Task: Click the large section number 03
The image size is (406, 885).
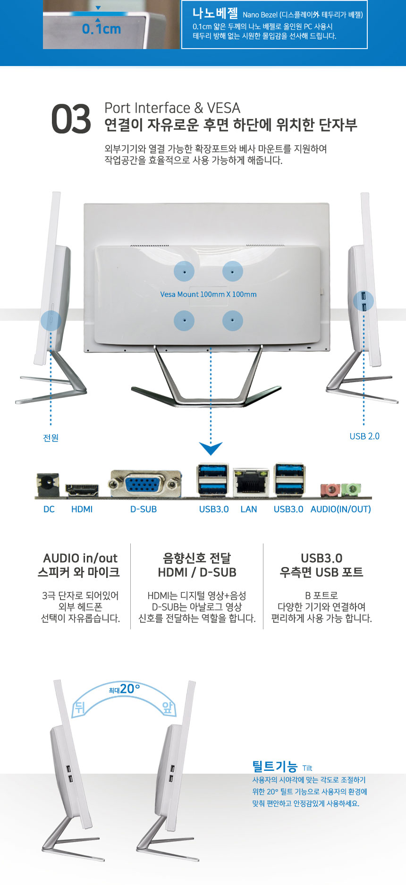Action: pos(71,119)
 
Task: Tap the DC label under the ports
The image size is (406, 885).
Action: pos(49,509)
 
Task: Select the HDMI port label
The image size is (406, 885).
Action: pos(82,509)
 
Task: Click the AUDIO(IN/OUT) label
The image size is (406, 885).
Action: pos(340,509)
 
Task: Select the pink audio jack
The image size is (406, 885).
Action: pos(330,490)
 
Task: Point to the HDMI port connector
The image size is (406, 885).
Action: pos(82,490)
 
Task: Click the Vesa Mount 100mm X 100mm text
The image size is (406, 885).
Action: pos(208,294)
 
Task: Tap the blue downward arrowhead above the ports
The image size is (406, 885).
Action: pos(211,448)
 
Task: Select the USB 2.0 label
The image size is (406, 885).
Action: pos(364,436)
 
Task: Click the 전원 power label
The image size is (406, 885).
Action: pos(51,438)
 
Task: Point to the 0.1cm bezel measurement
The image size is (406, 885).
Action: pos(101,29)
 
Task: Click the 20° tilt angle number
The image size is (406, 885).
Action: pos(130,689)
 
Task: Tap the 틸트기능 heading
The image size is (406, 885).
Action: pos(275,766)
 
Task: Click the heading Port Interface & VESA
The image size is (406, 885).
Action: pos(172,108)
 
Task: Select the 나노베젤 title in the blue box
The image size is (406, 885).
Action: pos(215,13)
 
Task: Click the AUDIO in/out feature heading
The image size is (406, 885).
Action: pos(80,558)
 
